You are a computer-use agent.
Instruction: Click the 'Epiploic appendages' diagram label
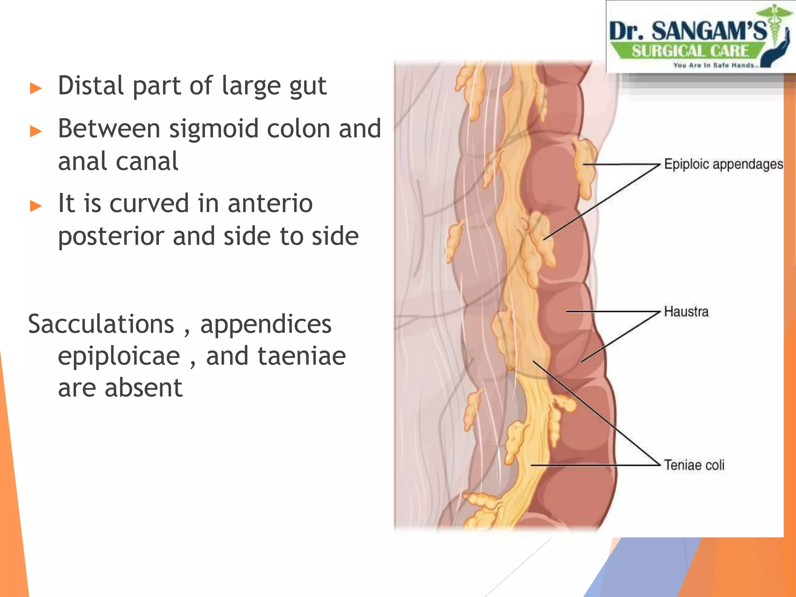pos(723,164)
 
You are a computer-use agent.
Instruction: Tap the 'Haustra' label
pos(686,312)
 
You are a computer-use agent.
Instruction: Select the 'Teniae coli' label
pos(694,465)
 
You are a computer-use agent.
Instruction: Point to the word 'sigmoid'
pos(214,129)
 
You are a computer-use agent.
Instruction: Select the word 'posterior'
pos(111,236)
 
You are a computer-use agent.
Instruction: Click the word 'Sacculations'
pos(101,324)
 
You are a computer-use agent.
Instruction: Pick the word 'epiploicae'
pos(119,356)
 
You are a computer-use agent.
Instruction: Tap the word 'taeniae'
pos(276,356)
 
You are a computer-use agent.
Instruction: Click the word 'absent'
pos(143,388)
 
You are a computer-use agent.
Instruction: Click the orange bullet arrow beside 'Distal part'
pos(36,88)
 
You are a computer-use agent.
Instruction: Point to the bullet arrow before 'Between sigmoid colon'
pos(36,131)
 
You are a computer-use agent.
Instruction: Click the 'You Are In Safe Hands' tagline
pos(716,65)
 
